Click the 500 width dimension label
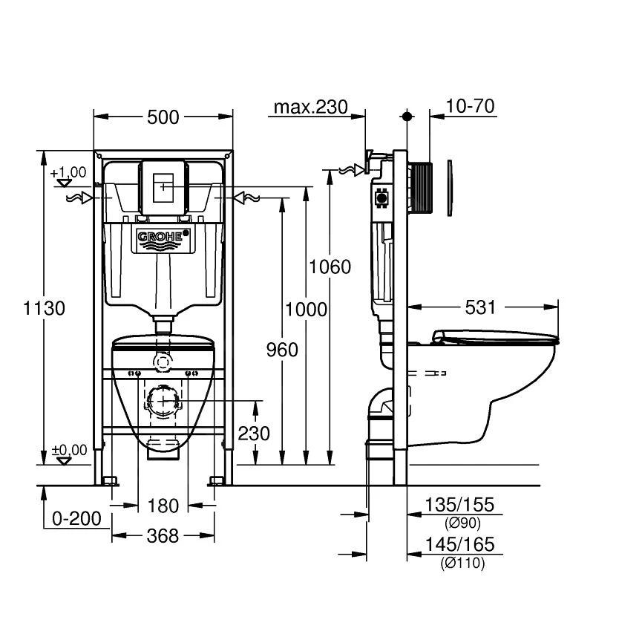click(163, 117)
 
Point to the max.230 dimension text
click(310, 107)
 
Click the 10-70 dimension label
click(471, 107)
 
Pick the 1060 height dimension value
click(330, 266)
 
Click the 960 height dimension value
click(281, 349)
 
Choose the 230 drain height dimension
click(254, 432)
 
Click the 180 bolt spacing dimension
click(163, 506)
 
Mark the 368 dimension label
click(163, 535)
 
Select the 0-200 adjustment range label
click(76, 518)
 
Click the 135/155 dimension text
click(459, 506)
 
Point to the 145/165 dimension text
click(459, 545)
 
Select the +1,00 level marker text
click(68, 172)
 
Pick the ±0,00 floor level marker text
click(68, 449)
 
